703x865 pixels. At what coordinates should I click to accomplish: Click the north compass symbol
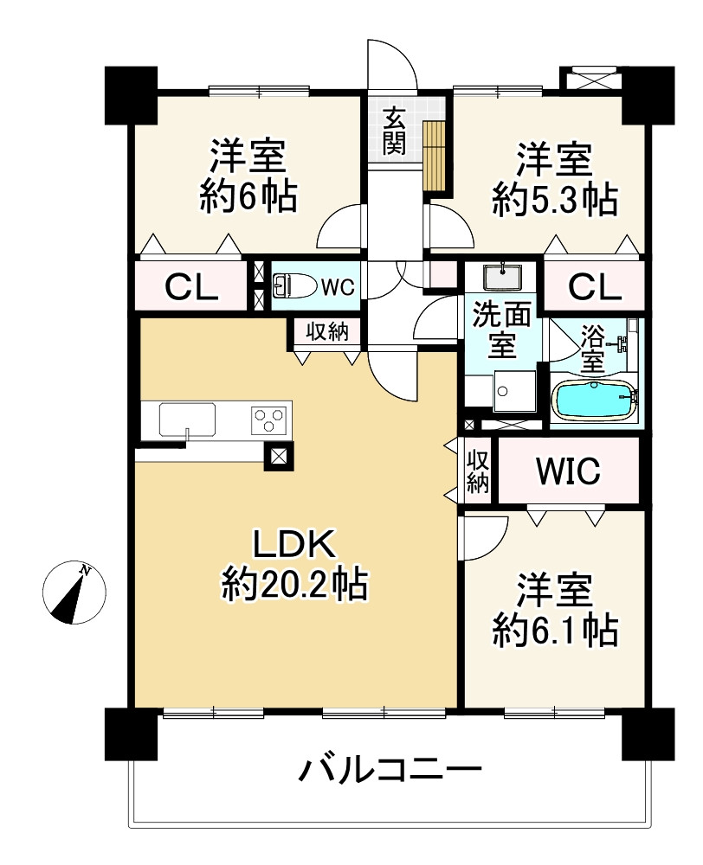coord(74,593)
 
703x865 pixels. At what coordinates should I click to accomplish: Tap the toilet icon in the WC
coord(287,285)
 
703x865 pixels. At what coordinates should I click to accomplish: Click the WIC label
coord(567,471)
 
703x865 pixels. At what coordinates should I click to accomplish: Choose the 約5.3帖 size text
coord(554,200)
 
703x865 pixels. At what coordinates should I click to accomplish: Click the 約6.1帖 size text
coord(554,631)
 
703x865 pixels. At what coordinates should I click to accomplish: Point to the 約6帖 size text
coord(248,198)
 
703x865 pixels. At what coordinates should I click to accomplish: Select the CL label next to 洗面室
coord(594,286)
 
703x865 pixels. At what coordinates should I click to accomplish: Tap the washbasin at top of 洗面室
coord(500,276)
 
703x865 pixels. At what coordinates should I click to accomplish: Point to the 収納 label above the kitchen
coord(326,332)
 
